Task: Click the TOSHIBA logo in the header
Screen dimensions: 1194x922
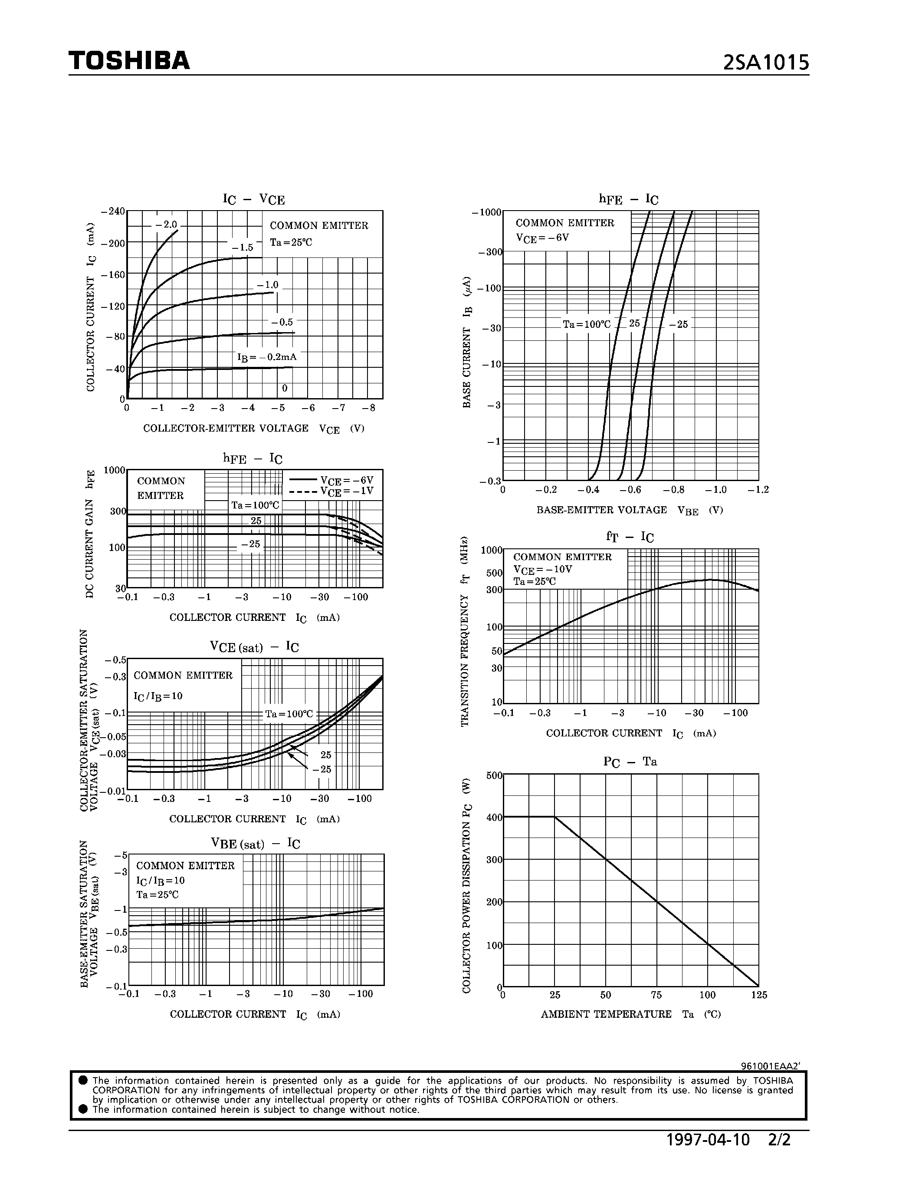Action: point(129,61)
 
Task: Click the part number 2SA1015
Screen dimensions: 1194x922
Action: point(765,63)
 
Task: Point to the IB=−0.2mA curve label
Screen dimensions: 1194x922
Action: point(266,357)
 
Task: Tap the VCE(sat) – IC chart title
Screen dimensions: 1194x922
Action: point(254,647)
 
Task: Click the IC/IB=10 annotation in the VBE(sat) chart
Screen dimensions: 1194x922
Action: point(161,880)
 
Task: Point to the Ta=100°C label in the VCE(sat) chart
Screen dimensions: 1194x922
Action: point(289,714)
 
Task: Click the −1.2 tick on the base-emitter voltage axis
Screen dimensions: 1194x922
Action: point(758,490)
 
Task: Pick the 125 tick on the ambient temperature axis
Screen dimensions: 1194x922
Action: point(759,995)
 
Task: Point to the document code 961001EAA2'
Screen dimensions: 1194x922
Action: point(770,1066)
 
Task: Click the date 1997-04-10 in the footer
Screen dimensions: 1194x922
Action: point(708,1140)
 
